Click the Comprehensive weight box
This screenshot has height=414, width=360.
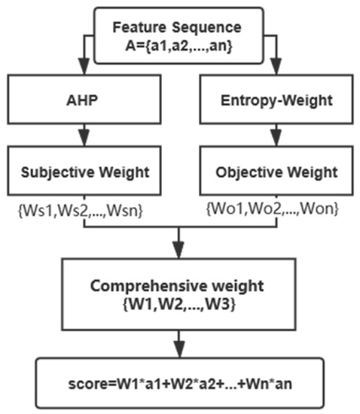178,294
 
